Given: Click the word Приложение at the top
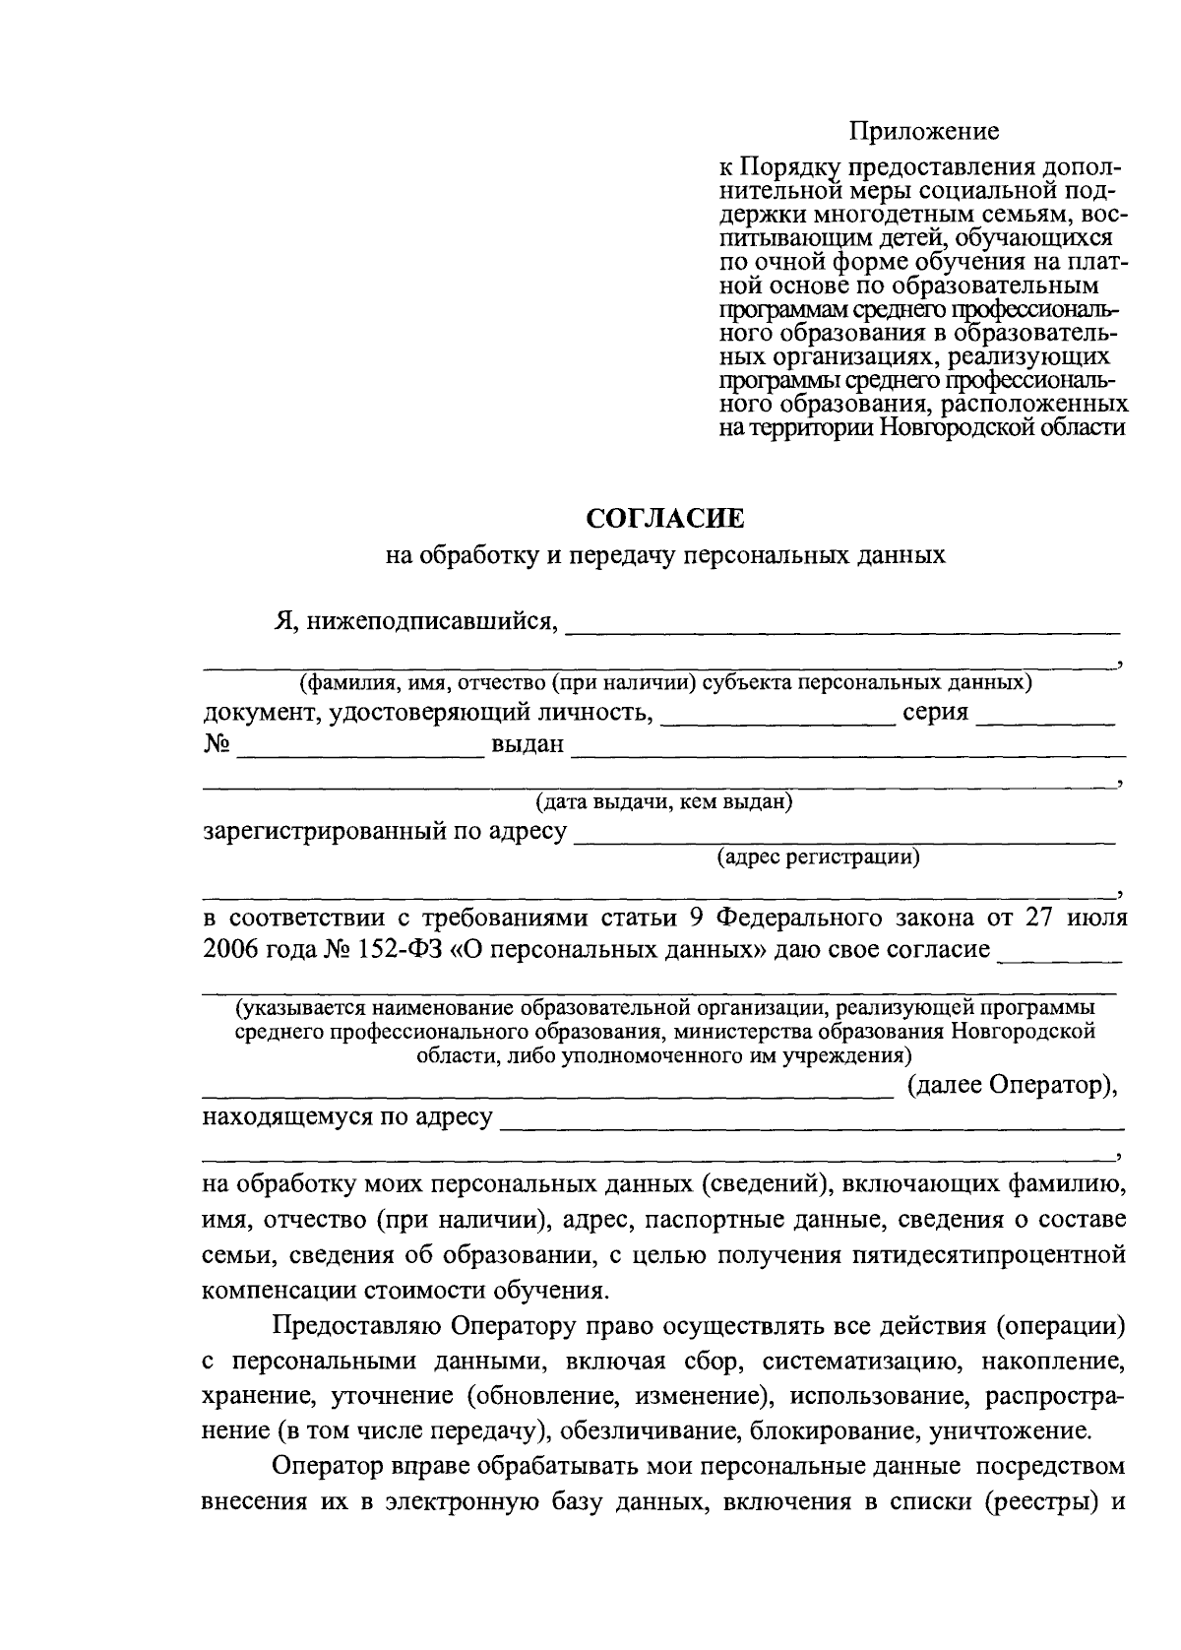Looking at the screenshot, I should pyautogui.click(x=924, y=130).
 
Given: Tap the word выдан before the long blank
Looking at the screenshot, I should pyautogui.click(x=528, y=744).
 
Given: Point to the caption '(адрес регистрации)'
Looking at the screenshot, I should pyautogui.click(x=819, y=857).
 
